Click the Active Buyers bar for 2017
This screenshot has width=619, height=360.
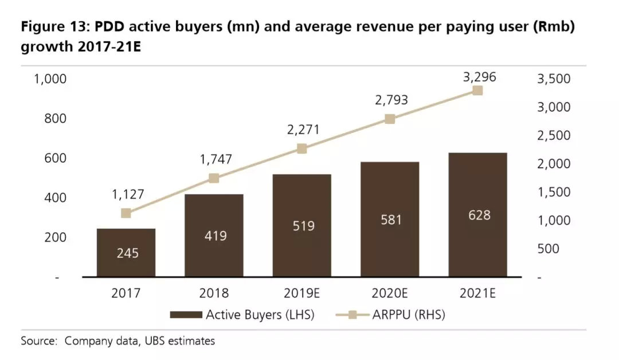pyautogui.click(x=126, y=253)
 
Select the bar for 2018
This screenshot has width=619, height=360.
pyautogui.click(x=214, y=236)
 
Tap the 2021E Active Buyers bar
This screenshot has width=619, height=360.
pyautogui.click(x=477, y=215)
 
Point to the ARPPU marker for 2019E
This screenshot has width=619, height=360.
pyautogui.click(x=301, y=149)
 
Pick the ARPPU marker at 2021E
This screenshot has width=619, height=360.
pyautogui.click(x=477, y=91)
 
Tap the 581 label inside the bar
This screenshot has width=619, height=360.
pyautogui.click(x=390, y=220)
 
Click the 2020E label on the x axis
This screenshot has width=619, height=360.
pyautogui.click(x=390, y=294)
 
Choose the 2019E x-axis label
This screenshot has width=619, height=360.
pyautogui.click(x=301, y=294)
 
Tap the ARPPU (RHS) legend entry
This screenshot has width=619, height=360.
pyautogui.click(x=390, y=314)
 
